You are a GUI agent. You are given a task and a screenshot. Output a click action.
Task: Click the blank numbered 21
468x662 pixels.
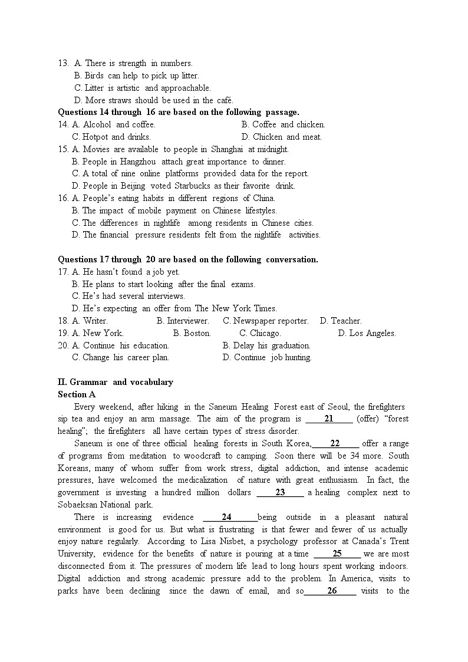pyautogui.click(x=329, y=419)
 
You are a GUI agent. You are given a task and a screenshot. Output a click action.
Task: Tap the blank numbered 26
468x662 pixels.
pyautogui.click(x=331, y=591)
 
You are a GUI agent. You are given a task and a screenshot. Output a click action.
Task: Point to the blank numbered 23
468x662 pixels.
pyautogui.click(x=280, y=492)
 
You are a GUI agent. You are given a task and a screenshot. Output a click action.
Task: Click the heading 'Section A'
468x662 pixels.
pyautogui.click(x=77, y=394)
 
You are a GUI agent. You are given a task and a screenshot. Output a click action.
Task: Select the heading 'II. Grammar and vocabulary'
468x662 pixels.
pyautogui.click(x=116, y=382)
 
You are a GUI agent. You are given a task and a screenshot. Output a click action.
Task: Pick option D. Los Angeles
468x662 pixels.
pyautogui.click(x=367, y=333)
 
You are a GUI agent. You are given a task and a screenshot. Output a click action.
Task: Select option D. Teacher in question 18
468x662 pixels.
pyautogui.click(x=341, y=321)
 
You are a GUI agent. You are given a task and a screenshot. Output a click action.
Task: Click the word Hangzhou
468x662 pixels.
pyautogui.click(x=139, y=162)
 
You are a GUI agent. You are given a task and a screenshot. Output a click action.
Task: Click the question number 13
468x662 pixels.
pyautogui.click(x=63, y=63)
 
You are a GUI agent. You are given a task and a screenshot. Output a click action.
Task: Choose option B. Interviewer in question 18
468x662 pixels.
pyautogui.click(x=183, y=321)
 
